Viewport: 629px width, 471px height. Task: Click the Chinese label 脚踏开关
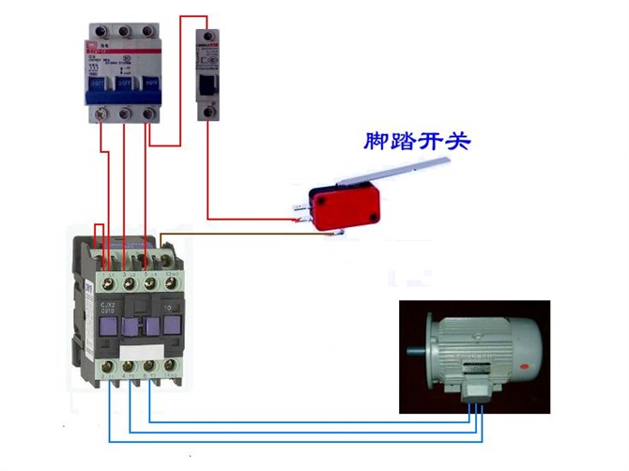(x=417, y=143)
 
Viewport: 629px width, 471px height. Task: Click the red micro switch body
(x=344, y=209)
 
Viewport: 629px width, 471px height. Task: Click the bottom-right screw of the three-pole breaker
(x=147, y=114)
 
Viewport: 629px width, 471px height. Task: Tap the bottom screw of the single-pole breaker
(x=207, y=112)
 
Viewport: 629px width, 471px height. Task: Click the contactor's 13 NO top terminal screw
(x=172, y=281)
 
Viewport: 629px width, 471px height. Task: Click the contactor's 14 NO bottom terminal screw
(x=171, y=366)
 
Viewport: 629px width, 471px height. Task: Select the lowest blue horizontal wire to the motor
(x=282, y=440)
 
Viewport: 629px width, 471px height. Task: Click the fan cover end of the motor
(x=530, y=352)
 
